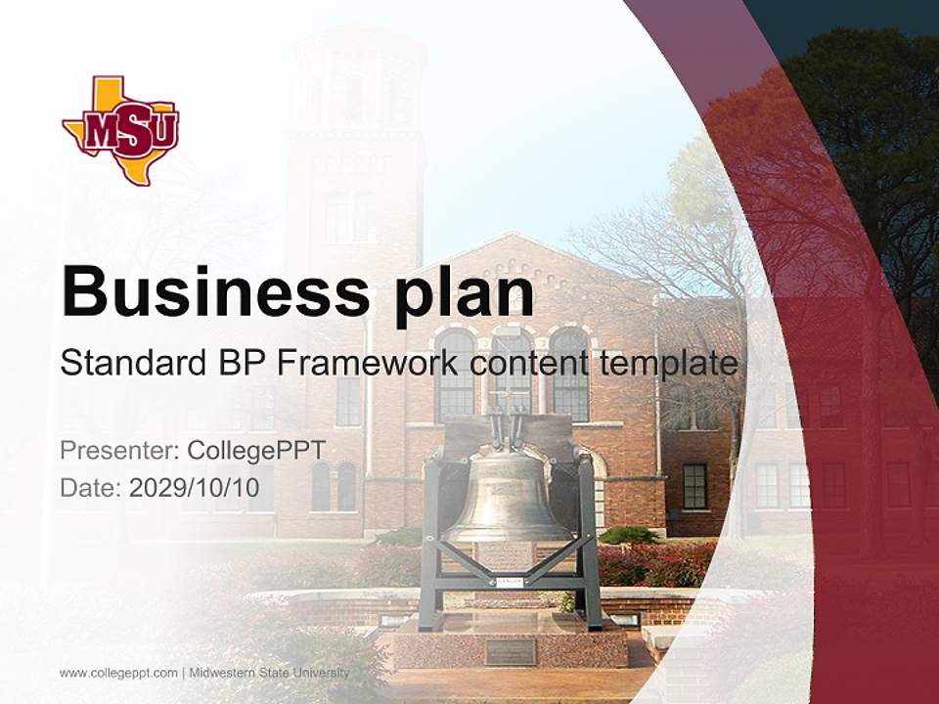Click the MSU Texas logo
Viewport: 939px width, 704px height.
(x=120, y=129)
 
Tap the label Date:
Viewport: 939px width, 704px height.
(x=91, y=486)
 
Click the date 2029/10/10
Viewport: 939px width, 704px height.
(x=195, y=486)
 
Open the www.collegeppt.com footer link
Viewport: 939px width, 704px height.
(x=118, y=673)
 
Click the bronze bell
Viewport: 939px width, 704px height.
(x=506, y=499)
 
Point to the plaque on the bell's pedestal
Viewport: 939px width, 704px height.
(x=510, y=651)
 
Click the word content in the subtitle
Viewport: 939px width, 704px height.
(x=528, y=364)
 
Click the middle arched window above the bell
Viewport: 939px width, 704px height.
(x=511, y=372)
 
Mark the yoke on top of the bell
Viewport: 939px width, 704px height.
(x=507, y=430)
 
